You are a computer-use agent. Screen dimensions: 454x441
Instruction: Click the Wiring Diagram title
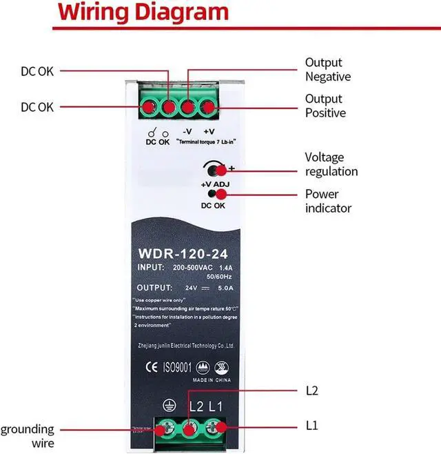coord(143,12)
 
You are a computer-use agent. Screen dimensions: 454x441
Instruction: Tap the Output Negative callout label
coord(327,70)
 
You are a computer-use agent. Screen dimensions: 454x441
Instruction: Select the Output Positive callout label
coord(325,106)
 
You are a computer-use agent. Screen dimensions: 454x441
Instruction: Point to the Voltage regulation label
coord(331,164)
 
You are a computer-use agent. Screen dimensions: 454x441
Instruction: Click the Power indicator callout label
coord(328,201)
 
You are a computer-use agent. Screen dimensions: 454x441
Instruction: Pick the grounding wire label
coord(27,436)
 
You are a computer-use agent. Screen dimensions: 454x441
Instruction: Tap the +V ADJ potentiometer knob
coord(214,170)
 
